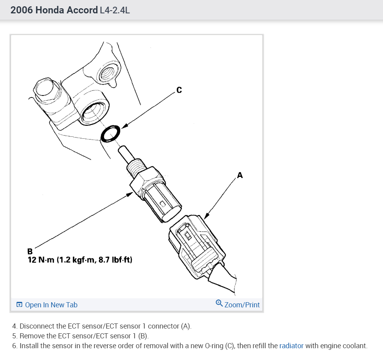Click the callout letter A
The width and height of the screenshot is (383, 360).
(x=240, y=175)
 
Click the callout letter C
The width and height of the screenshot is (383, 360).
(x=179, y=90)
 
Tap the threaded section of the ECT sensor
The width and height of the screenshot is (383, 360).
(x=137, y=167)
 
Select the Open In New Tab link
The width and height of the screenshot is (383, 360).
(x=51, y=305)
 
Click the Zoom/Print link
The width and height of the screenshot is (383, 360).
(x=242, y=305)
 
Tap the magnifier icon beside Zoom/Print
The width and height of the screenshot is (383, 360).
(x=219, y=304)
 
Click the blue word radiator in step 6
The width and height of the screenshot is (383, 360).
(x=291, y=346)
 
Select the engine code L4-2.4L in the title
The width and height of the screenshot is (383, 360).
(x=115, y=10)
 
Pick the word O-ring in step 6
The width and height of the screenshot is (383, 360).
(x=214, y=346)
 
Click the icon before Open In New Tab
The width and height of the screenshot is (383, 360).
(x=19, y=305)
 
